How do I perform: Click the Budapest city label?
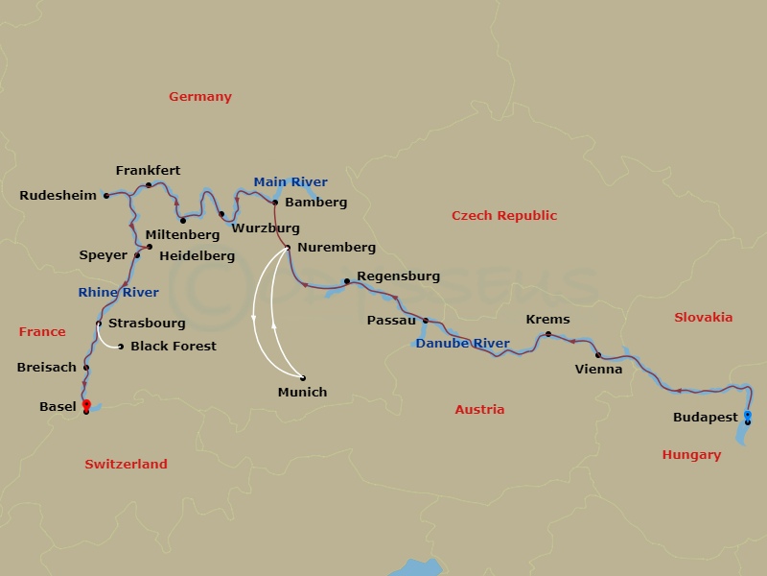706,418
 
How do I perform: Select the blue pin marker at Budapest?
748,415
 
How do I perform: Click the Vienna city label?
598,369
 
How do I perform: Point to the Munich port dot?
303,377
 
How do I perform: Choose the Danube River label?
463,344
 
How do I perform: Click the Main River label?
291,182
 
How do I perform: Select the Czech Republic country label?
504,216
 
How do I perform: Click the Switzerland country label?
126,465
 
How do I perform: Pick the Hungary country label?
691,455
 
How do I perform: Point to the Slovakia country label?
703,318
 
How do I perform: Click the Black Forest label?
174,347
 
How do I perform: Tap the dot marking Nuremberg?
288,248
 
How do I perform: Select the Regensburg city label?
398,276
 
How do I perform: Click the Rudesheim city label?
58,196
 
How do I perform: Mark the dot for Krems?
548,334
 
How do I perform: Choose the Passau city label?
391,321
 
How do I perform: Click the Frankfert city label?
148,171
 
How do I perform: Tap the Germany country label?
200,97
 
